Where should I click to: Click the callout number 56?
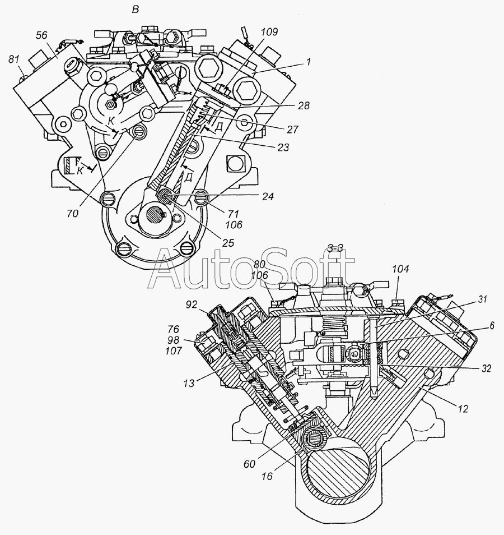[41, 35]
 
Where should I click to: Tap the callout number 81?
[14, 58]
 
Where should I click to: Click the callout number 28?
[304, 105]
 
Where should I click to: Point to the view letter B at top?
[134, 9]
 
